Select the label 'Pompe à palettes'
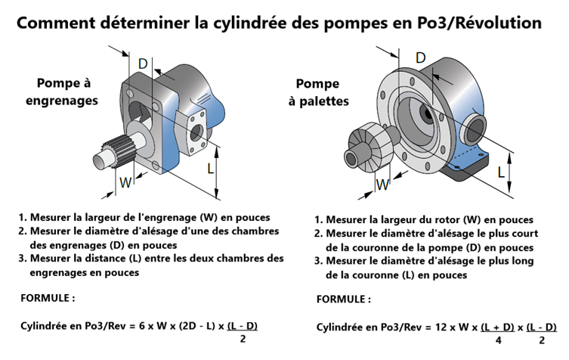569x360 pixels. tap(318, 92)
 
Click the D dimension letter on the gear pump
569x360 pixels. tap(143, 64)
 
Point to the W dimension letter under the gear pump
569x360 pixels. tap(125, 182)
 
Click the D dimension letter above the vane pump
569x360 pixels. tap(420, 57)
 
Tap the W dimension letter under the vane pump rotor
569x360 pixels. tap(384, 184)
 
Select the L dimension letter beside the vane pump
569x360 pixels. tap(501, 172)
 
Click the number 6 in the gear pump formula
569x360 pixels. tap(141, 326)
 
